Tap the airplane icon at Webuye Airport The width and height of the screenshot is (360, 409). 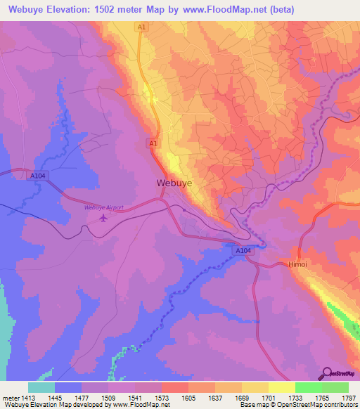pos(104,217)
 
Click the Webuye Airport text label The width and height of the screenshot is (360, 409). pos(103,207)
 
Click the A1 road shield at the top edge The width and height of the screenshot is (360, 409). pos(142,26)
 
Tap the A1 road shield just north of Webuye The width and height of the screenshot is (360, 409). pos(152,143)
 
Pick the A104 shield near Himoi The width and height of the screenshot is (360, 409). pos(242,250)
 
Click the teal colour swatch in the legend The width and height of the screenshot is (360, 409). pos(41,387)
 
